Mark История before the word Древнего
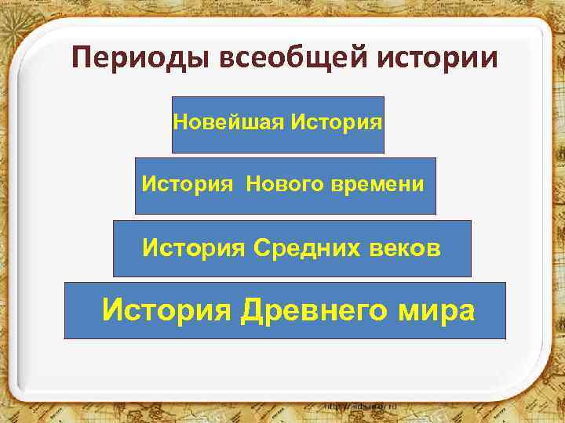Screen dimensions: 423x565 click(166, 310)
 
